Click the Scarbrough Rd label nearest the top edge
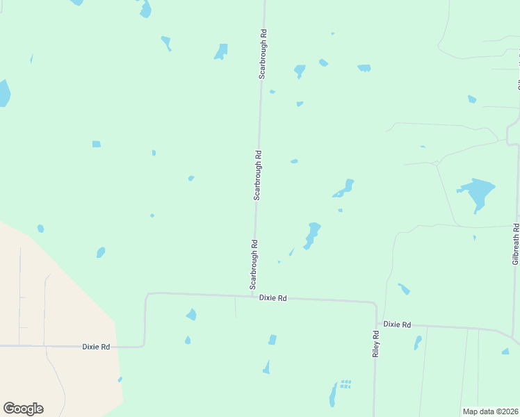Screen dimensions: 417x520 pos(263,54)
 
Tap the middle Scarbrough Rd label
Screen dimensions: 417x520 pos(257,176)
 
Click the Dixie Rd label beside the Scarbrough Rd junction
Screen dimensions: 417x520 pos(273,298)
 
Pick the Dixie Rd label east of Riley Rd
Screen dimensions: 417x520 pos(397,325)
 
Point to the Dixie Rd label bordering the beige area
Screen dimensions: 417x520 pos(96,346)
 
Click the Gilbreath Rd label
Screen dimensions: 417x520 pos(516,244)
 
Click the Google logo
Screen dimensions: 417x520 pos(23,409)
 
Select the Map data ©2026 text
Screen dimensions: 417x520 pos(490,411)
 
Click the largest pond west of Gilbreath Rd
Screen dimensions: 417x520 pos(477,191)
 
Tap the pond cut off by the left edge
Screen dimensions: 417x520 pos(3,92)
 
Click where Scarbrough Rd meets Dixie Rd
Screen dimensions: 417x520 pos(252,296)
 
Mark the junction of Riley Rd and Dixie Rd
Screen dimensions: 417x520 pos(376,303)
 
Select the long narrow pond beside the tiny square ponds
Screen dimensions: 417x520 pos(333,394)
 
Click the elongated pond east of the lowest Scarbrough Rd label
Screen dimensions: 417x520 pos(312,234)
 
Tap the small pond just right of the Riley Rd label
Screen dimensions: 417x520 pos(418,342)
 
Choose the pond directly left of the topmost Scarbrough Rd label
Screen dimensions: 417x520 pos(221,52)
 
